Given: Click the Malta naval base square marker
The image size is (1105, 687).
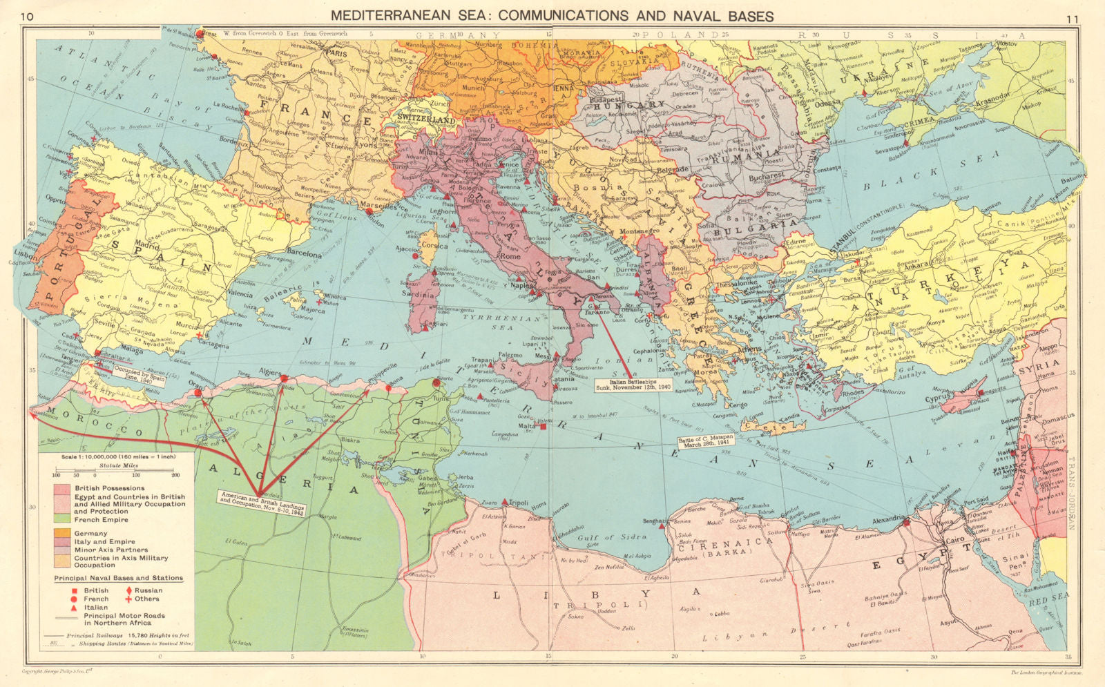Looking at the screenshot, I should pyautogui.click(x=544, y=427).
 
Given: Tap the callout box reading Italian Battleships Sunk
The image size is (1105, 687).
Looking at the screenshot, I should pyautogui.click(x=633, y=385).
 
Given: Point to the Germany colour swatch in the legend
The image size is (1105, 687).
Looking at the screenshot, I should pyautogui.click(x=61, y=533).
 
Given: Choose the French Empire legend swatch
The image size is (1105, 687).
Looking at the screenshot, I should pyautogui.click(x=61, y=519).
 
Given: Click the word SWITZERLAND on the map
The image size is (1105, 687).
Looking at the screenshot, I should pyautogui.click(x=427, y=120).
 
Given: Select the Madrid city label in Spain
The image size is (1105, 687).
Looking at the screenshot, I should pyautogui.click(x=147, y=245).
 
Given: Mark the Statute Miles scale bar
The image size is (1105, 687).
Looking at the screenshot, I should pyautogui.click(x=115, y=475).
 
